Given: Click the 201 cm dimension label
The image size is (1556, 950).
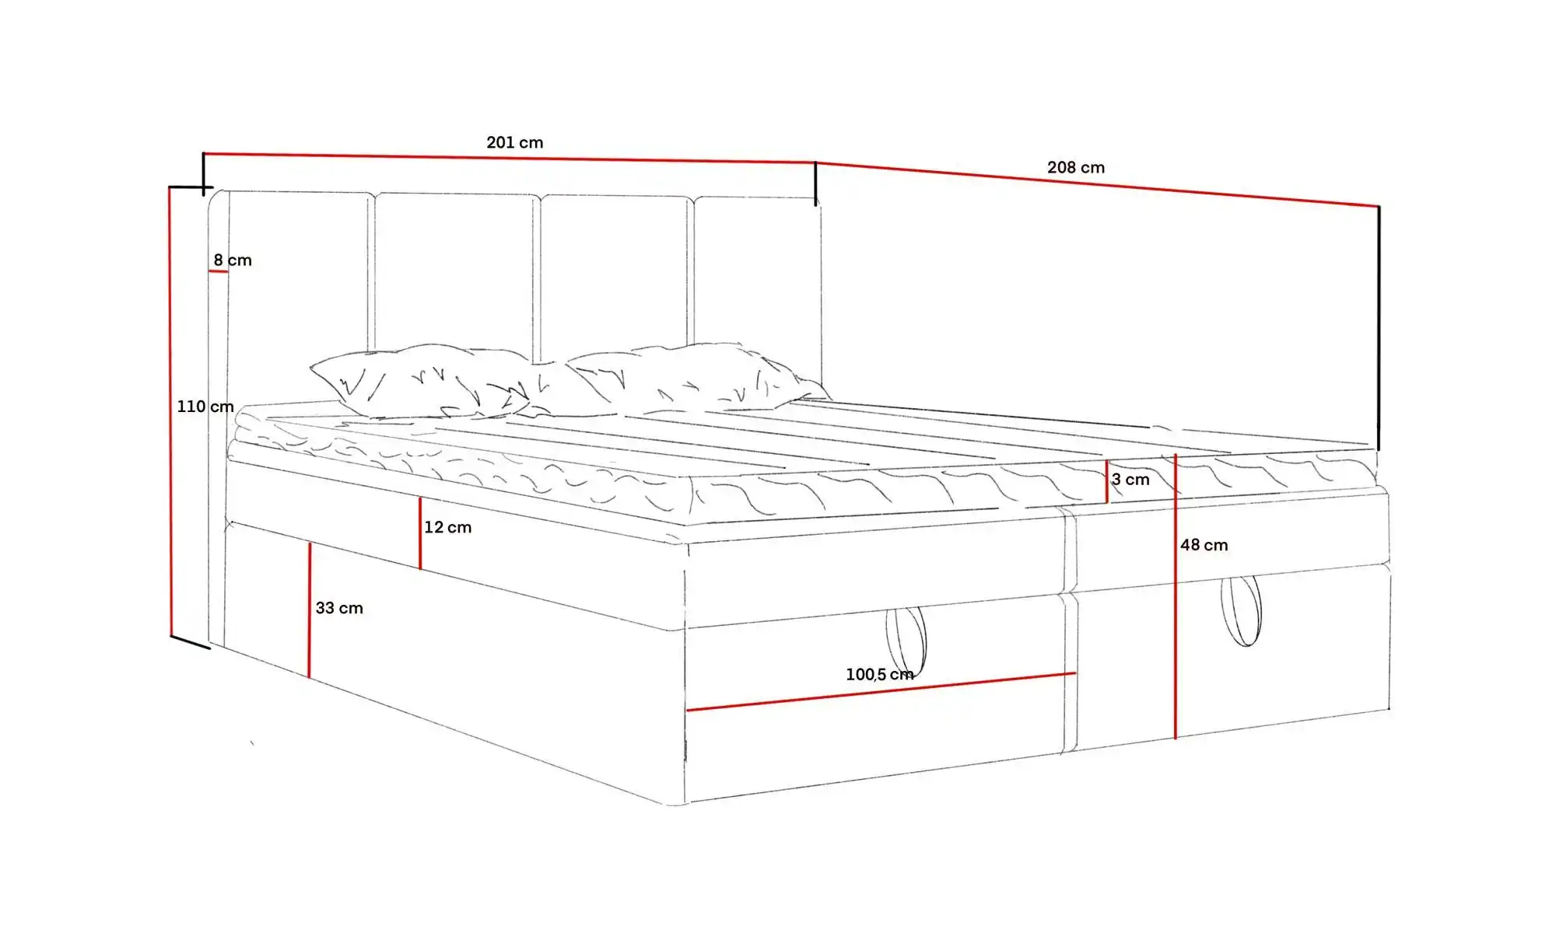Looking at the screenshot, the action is tap(515, 142).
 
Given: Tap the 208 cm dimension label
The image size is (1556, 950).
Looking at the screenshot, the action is tap(1076, 167).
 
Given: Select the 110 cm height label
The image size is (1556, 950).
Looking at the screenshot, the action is tap(205, 407).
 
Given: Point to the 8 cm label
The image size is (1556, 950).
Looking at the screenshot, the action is tap(233, 260).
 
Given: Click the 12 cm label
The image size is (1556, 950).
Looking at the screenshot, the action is tap(448, 527).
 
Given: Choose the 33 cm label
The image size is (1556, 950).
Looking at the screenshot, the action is tap(339, 608).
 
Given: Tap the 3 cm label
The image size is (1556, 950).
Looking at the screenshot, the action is tap(1130, 480).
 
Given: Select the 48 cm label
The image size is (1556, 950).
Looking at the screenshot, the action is tap(1204, 545).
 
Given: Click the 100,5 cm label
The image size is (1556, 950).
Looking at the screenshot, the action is tap(880, 674).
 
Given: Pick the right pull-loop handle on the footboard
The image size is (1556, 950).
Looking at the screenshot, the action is tap(1241, 610).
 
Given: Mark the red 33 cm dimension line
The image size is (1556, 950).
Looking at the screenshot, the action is tap(310, 610).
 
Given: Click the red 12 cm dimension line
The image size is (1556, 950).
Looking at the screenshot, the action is tap(420, 533).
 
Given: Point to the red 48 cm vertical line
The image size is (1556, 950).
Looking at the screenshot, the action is tap(1176, 595).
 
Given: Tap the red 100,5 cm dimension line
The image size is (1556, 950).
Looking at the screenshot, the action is tap(881, 691).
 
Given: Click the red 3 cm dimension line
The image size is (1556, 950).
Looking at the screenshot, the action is tap(1107, 481).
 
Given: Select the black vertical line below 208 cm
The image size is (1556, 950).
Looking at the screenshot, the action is tap(1379, 328).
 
